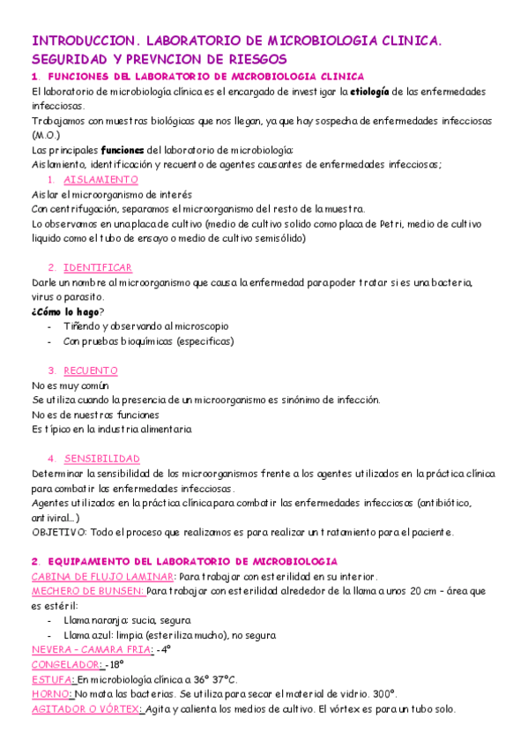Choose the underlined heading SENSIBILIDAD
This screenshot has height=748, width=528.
[102, 458]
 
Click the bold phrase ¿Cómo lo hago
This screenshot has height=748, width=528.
[64, 310]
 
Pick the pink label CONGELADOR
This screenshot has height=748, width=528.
[66, 664]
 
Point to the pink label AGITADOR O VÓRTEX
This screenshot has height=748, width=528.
[86, 708]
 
